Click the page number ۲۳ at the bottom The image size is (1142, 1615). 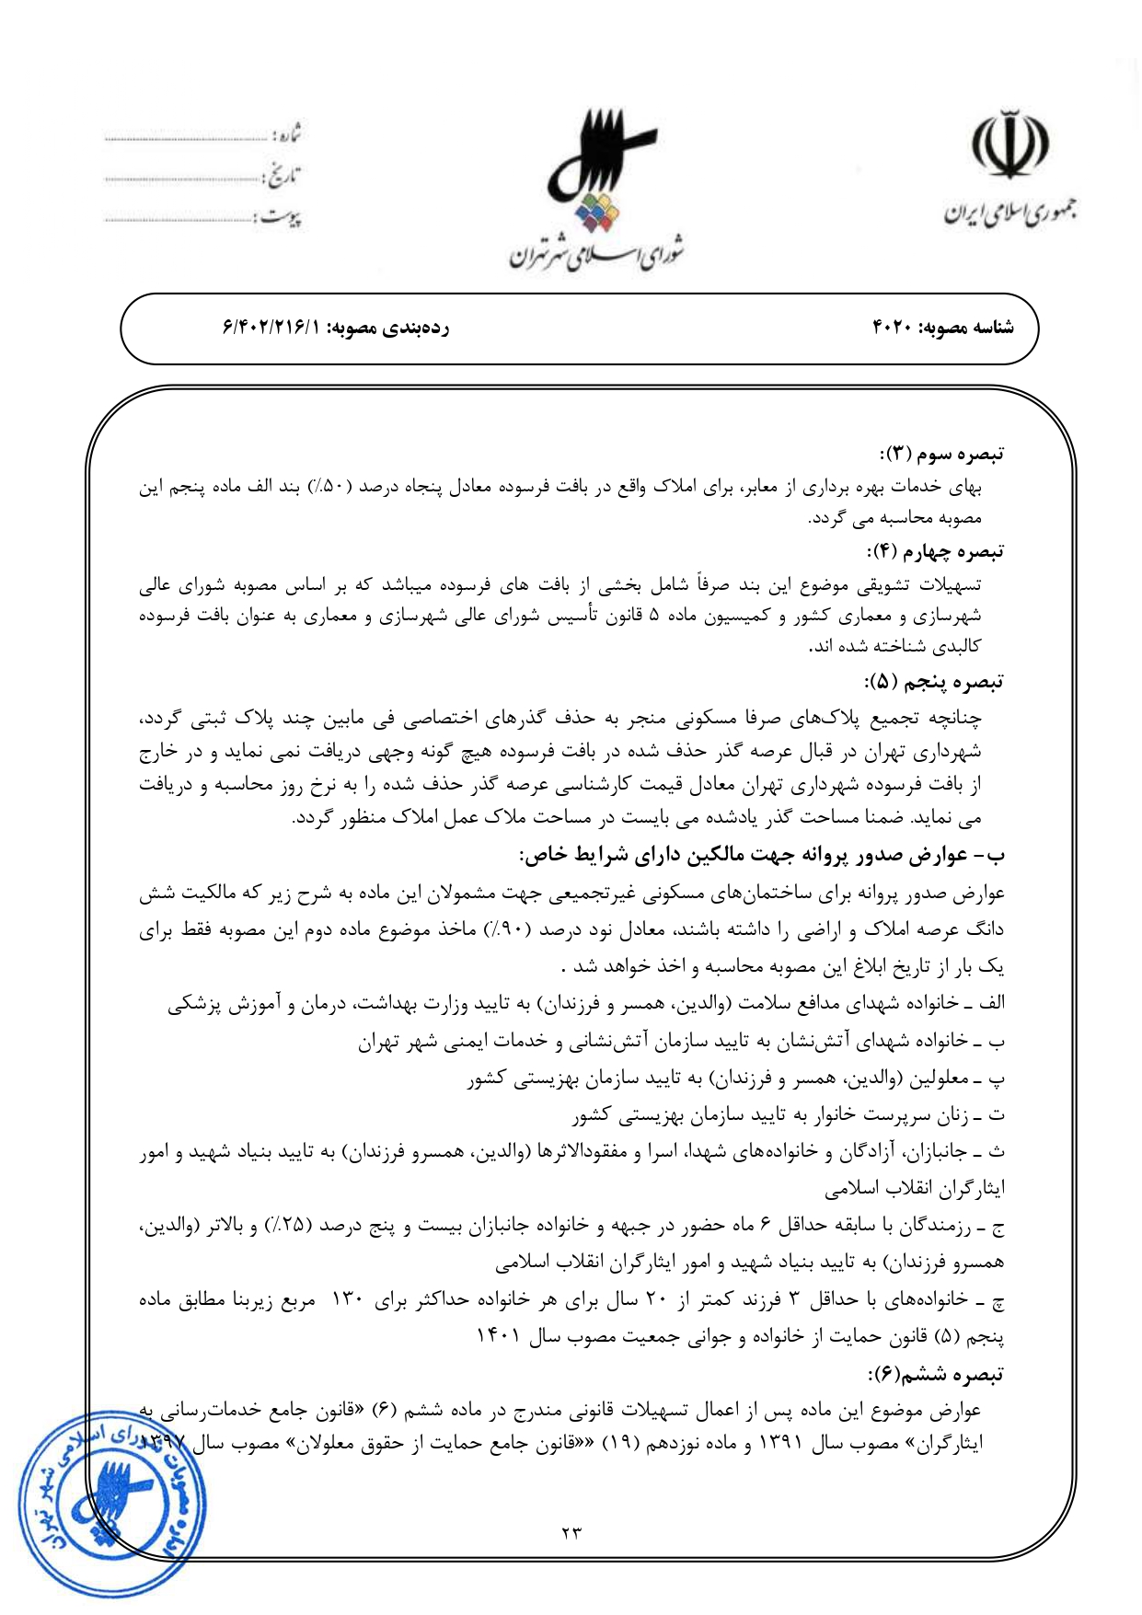571,1532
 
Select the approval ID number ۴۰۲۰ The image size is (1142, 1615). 892,328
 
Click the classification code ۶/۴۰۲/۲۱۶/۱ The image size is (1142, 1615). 271,328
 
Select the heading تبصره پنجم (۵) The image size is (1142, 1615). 934,682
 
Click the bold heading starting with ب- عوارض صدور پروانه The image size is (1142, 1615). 763,855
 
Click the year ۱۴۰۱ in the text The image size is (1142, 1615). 497,1336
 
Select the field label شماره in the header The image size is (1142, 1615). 287,136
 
